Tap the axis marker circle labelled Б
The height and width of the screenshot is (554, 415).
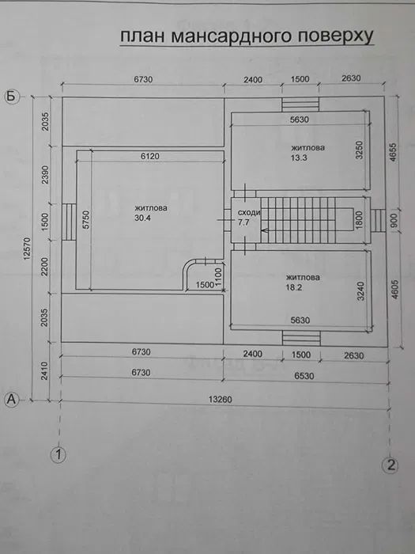click(x=11, y=97)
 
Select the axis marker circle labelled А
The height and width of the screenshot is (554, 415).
click(x=11, y=400)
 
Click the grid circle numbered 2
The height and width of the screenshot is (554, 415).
click(x=389, y=465)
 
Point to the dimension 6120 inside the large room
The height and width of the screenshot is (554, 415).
click(x=150, y=157)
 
